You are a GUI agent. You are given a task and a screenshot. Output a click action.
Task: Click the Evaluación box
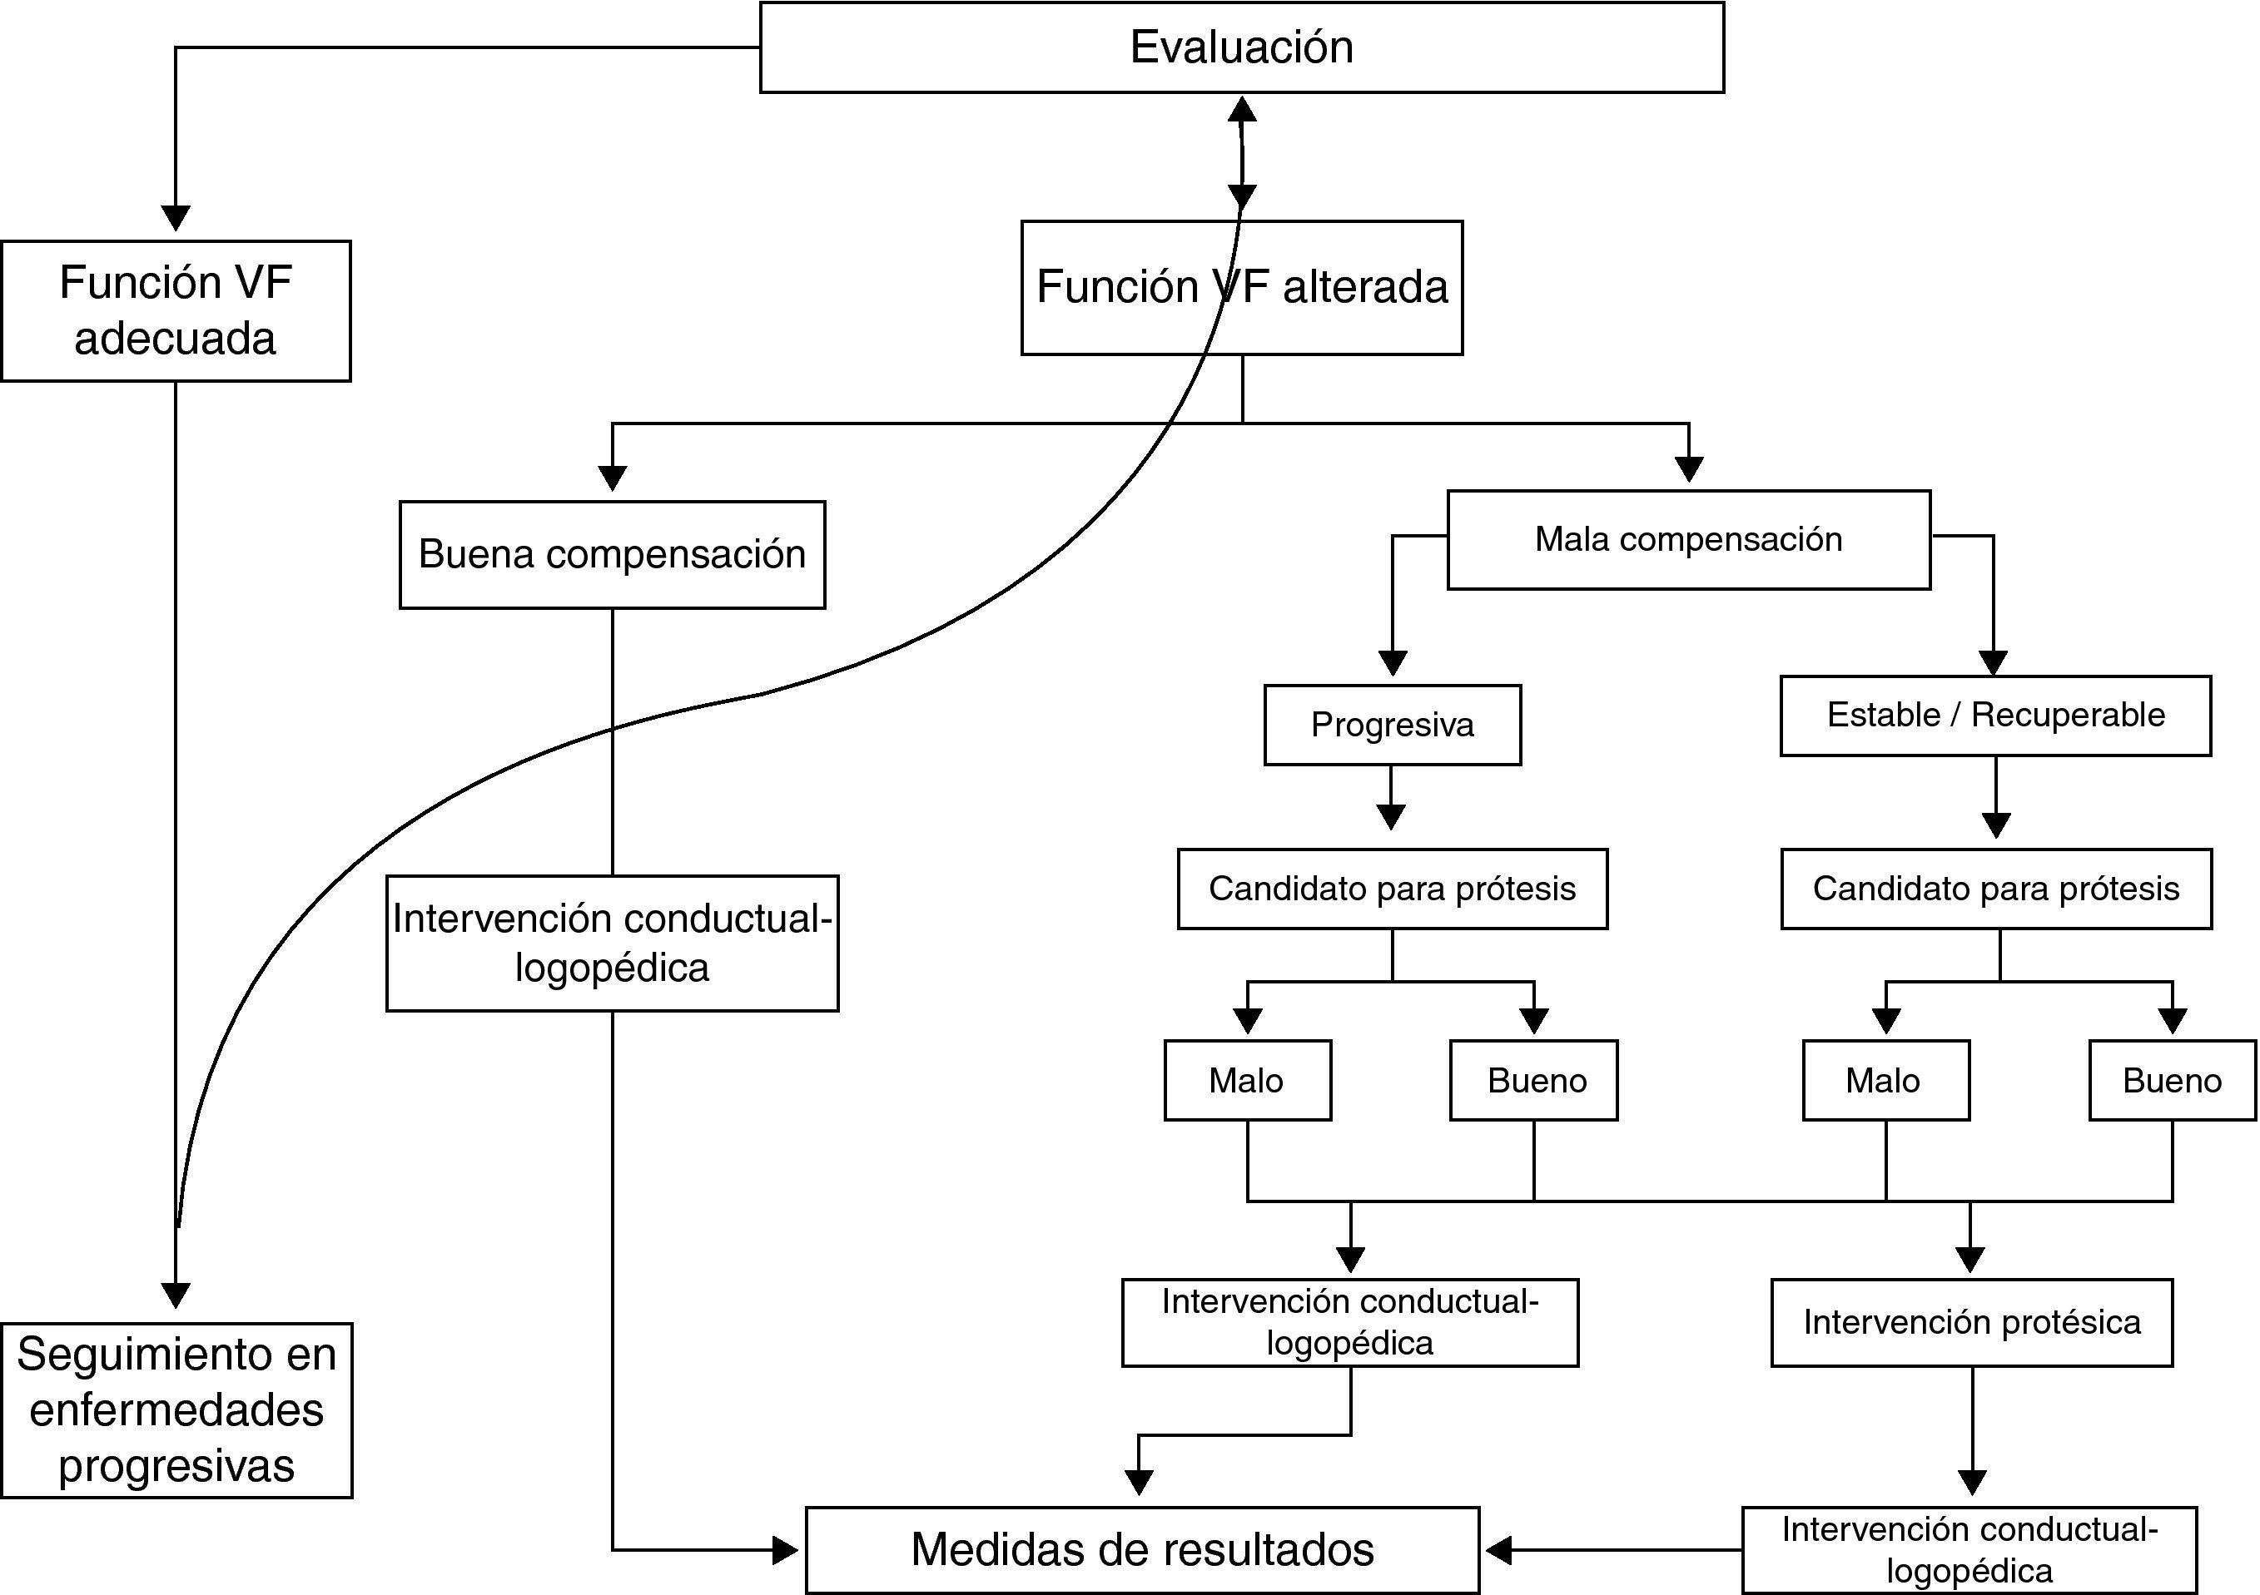pos(1241,47)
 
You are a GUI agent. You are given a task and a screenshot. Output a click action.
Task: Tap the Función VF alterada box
pos(1241,287)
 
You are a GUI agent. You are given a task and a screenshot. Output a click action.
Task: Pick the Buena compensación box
pos(613,555)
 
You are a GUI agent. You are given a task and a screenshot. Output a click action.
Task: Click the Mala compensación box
pos(1688,539)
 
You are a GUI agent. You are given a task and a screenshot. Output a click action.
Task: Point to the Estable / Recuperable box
pos(1995,716)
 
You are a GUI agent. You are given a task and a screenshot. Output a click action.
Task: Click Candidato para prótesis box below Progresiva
pos(1392,889)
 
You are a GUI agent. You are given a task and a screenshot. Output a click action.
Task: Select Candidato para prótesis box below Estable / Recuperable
pos(1996,889)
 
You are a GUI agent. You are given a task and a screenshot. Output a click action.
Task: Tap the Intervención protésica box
pos(1972,1322)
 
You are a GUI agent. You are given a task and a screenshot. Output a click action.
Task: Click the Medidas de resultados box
pos(1143,1550)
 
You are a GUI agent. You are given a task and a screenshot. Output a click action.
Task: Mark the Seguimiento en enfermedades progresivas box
pos(177,1410)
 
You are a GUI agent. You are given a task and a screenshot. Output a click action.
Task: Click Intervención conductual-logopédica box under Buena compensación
pos(613,943)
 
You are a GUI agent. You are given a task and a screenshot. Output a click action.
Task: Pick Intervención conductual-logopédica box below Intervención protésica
pos(1969,1550)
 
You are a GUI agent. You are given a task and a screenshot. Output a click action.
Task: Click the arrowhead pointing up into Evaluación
pos(1242,108)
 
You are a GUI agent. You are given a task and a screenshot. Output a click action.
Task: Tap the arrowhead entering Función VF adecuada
pos(175,217)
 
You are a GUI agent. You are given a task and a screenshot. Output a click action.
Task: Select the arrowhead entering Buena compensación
pos(613,478)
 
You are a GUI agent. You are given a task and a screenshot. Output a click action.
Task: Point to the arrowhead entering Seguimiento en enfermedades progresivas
pos(175,1295)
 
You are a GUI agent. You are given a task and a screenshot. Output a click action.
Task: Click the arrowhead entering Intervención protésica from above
pos(1969,1260)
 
